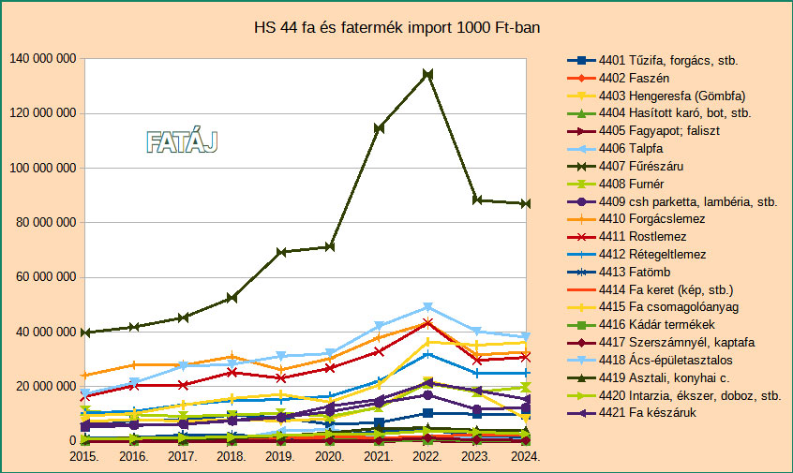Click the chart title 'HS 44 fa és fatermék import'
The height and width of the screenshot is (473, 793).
(x=396, y=30)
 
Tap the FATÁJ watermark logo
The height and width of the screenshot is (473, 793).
(x=182, y=142)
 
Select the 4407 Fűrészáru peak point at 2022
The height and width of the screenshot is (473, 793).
(x=428, y=74)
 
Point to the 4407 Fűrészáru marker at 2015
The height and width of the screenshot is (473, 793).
(x=85, y=333)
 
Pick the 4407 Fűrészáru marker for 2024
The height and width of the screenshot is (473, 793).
(x=527, y=203)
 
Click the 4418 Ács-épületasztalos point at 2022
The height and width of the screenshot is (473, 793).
(x=428, y=307)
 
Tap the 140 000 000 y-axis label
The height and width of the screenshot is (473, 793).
(x=42, y=59)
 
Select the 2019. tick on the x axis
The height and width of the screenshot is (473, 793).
(x=281, y=456)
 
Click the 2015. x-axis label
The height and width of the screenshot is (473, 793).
(x=85, y=456)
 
